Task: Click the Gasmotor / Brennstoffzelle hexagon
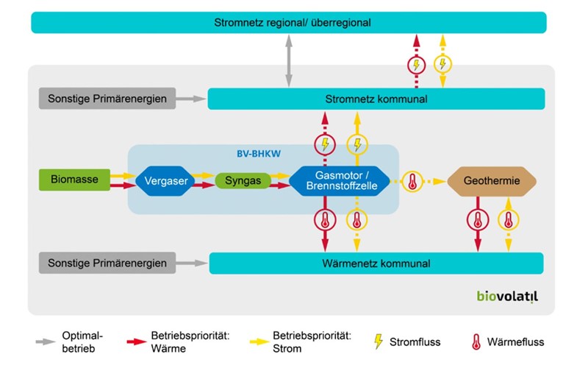click(342, 180)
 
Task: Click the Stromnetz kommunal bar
click(376, 99)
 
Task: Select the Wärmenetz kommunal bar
click(376, 263)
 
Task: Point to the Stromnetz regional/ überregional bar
click(289, 23)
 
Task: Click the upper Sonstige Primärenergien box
click(107, 99)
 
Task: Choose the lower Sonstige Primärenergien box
click(107, 263)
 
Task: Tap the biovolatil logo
click(507, 297)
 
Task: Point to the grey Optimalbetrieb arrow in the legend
click(47, 342)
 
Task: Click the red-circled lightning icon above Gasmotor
click(324, 144)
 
